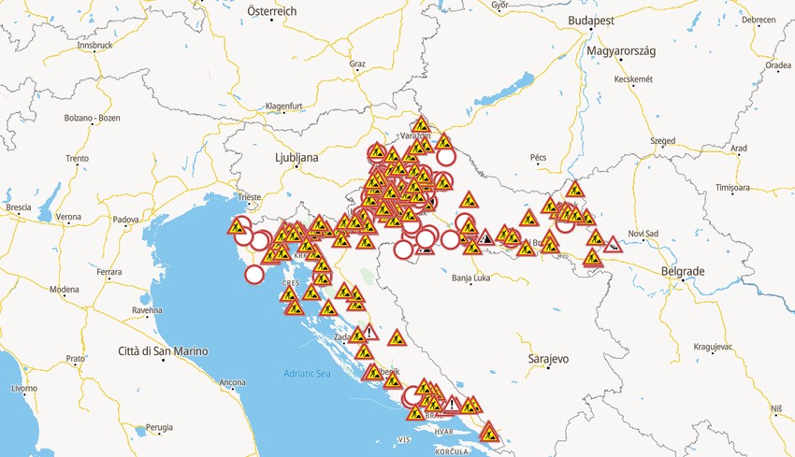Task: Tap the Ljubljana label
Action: (x=296, y=158)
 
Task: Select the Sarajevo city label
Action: (x=547, y=359)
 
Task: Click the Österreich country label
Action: (x=271, y=10)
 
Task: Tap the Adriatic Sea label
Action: (x=308, y=374)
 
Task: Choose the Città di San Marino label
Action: (x=164, y=351)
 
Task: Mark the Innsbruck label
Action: (x=94, y=45)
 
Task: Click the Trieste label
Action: (x=250, y=197)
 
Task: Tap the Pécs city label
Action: (x=538, y=158)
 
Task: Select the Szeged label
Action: (x=663, y=141)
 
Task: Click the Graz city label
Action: (x=357, y=64)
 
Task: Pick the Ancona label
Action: (x=232, y=382)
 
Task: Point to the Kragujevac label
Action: (x=713, y=347)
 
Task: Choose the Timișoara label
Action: (x=732, y=188)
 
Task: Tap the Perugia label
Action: (x=160, y=427)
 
